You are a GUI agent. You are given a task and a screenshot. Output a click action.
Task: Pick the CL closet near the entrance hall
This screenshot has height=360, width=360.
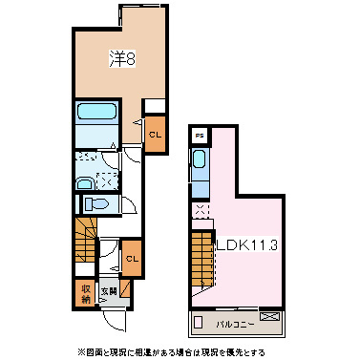[x=132, y=258]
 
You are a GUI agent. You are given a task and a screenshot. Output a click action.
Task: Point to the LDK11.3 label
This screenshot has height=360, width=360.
[x=245, y=245]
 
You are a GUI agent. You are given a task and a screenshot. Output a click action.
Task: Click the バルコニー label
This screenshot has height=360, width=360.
[x=233, y=323]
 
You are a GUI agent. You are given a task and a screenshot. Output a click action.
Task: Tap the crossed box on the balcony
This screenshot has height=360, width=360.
[x=270, y=317]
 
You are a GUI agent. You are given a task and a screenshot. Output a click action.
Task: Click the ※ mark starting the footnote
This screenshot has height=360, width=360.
[x=82, y=351]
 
